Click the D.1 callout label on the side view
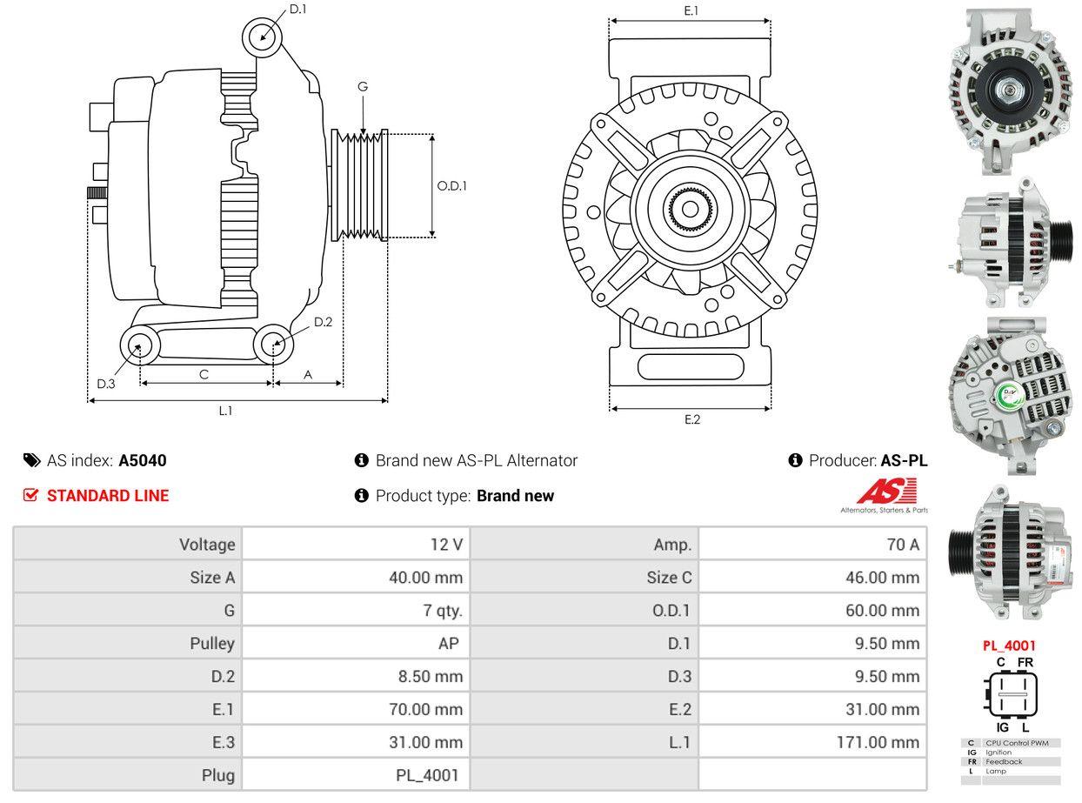tap(297, 9)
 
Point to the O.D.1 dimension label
tap(451, 185)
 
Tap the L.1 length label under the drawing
tap(225, 411)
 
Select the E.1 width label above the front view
tap(691, 10)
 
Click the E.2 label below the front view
tap(691, 419)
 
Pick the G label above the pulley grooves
tap(363, 86)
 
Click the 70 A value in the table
tap(902, 545)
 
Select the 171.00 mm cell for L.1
tap(881, 742)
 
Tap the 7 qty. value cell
tap(443, 611)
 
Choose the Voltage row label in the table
tap(207, 545)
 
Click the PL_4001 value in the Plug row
tap(428, 775)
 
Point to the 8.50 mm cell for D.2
tap(425, 676)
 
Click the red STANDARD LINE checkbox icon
tap(31, 495)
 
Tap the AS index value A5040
tap(143, 460)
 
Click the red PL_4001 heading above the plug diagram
tap(1009, 646)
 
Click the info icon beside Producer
tap(795, 460)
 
